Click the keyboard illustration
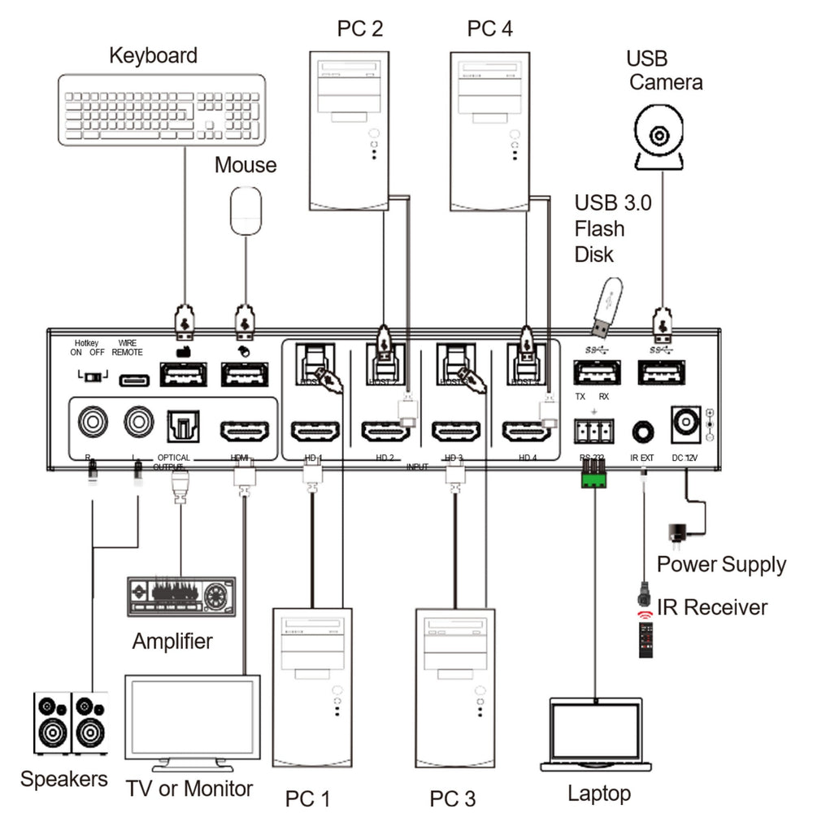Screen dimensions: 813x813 (162, 109)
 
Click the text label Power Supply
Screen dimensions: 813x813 (721, 564)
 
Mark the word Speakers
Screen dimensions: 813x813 (63, 779)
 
